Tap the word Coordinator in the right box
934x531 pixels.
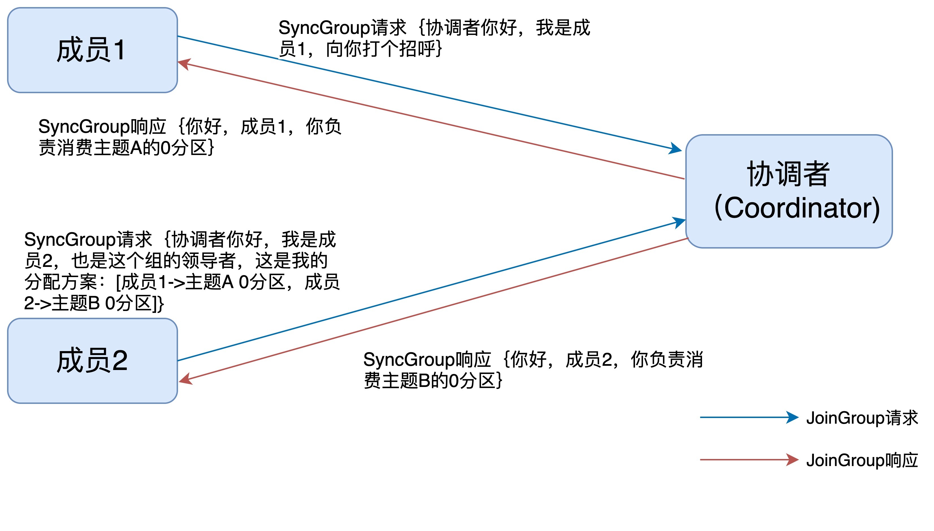tap(797, 208)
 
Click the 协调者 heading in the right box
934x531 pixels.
tap(788, 174)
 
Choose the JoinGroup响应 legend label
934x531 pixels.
tap(862, 460)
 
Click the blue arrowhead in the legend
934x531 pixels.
tap(792, 417)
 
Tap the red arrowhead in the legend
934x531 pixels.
tap(792, 460)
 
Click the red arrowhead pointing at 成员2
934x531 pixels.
tap(185, 379)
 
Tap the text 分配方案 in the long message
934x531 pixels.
tap(61, 282)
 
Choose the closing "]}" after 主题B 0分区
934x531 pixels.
tap(158, 303)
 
